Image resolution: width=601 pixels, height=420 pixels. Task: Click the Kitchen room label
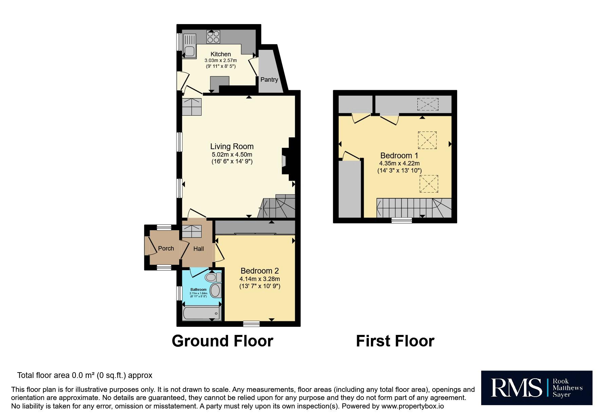(221, 54)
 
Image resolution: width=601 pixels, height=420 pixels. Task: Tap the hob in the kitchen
(213, 37)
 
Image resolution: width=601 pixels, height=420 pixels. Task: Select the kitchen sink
(189, 46)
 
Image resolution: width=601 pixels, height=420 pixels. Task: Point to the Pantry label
(269, 80)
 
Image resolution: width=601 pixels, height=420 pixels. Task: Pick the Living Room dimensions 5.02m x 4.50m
(232, 155)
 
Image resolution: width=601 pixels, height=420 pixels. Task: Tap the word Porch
(166, 248)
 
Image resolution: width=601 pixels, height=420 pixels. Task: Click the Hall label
(199, 249)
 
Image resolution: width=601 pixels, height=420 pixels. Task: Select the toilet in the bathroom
(213, 278)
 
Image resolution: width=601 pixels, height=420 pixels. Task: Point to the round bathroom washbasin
(215, 291)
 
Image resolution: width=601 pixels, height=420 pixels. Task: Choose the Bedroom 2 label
(260, 271)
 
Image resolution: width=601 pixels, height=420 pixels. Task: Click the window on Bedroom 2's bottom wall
(251, 324)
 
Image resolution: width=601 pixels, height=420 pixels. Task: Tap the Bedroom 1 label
(399, 156)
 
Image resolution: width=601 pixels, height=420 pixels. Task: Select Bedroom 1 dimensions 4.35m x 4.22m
(399, 163)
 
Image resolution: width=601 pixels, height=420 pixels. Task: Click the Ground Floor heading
(222, 341)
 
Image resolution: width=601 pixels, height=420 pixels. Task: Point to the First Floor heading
(395, 341)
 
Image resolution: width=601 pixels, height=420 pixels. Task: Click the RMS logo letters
(516, 388)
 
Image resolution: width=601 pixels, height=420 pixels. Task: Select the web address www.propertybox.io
(412, 406)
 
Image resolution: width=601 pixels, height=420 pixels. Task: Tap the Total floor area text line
(85, 376)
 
